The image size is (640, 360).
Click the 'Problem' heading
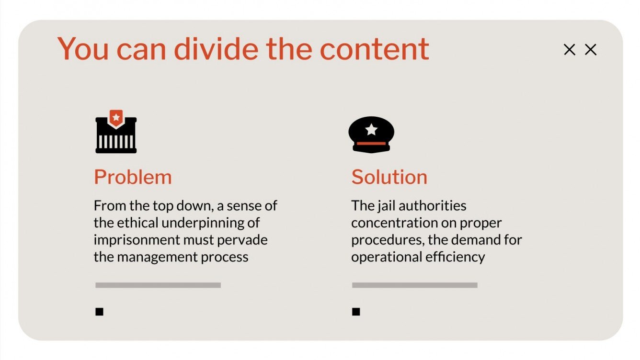tap(133, 177)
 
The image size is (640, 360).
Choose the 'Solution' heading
tap(389, 177)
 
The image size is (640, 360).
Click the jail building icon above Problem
tap(116, 135)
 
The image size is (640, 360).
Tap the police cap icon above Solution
tap(371, 135)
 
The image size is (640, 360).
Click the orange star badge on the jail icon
tap(116, 116)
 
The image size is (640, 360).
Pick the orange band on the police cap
tap(371, 143)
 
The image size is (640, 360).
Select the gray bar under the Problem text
tap(158, 285)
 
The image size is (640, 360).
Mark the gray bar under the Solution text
tap(414, 285)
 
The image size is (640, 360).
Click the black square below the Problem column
tap(100, 312)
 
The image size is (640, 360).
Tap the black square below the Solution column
tap(356, 312)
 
